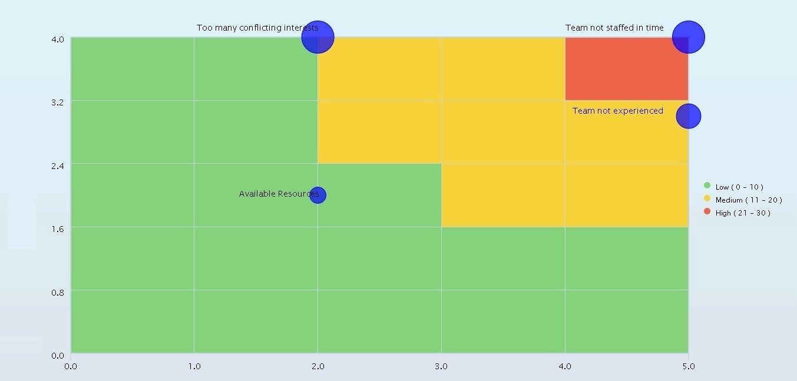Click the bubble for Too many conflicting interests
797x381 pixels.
tap(318, 37)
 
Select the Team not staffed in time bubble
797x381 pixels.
tap(688, 37)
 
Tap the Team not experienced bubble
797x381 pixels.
tap(688, 116)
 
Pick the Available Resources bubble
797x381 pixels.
tap(318, 195)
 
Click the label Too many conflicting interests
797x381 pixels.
tap(257, 28)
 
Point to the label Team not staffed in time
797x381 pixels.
tap(614, 28)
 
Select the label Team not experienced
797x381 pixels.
tap(617, 111)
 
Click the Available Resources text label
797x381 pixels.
tap(278, 194)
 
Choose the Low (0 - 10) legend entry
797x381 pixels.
tap(739, 187)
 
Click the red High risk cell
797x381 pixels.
tap(626, 69)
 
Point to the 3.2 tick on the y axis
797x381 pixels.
tap(57, 101)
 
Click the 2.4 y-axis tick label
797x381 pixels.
tap(57, 164)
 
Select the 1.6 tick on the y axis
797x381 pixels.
tap(57, 228)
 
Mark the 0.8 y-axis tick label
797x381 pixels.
tap(57, 291)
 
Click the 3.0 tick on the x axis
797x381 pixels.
tap(441, 366)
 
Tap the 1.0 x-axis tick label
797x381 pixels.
tap(194, 366)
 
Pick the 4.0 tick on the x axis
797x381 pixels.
tap(565, 366)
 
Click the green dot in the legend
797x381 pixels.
tap(707, 185)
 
